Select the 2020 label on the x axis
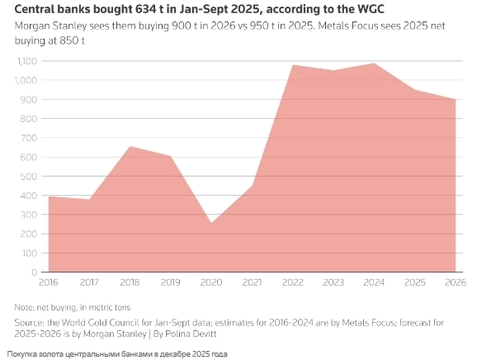[x=211, y=282]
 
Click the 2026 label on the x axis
[x=455, y=282]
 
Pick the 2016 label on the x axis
[x=49, y=282]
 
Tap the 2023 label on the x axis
[x=333, y=282]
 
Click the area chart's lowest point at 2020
[x=211, y=223]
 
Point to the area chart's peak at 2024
[x=374, y=64]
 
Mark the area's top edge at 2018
[x=130, y=147]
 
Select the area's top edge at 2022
[x=293, y=65]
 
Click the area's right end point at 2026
[x=455, y=100]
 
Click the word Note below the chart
[x=26, y=306]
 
